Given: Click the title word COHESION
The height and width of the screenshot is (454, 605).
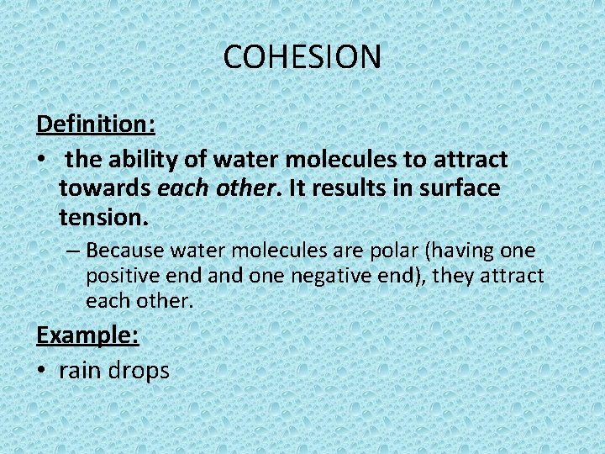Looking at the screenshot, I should (302, 57).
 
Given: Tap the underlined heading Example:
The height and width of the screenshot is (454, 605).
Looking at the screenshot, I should (87, 335).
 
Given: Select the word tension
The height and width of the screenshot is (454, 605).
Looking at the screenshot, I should (103, 219).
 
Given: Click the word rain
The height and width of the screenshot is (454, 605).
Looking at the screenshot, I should (83, 370).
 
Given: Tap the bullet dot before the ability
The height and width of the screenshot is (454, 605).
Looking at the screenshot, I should (42, 160).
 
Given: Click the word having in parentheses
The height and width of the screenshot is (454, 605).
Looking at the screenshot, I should (474, 251).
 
